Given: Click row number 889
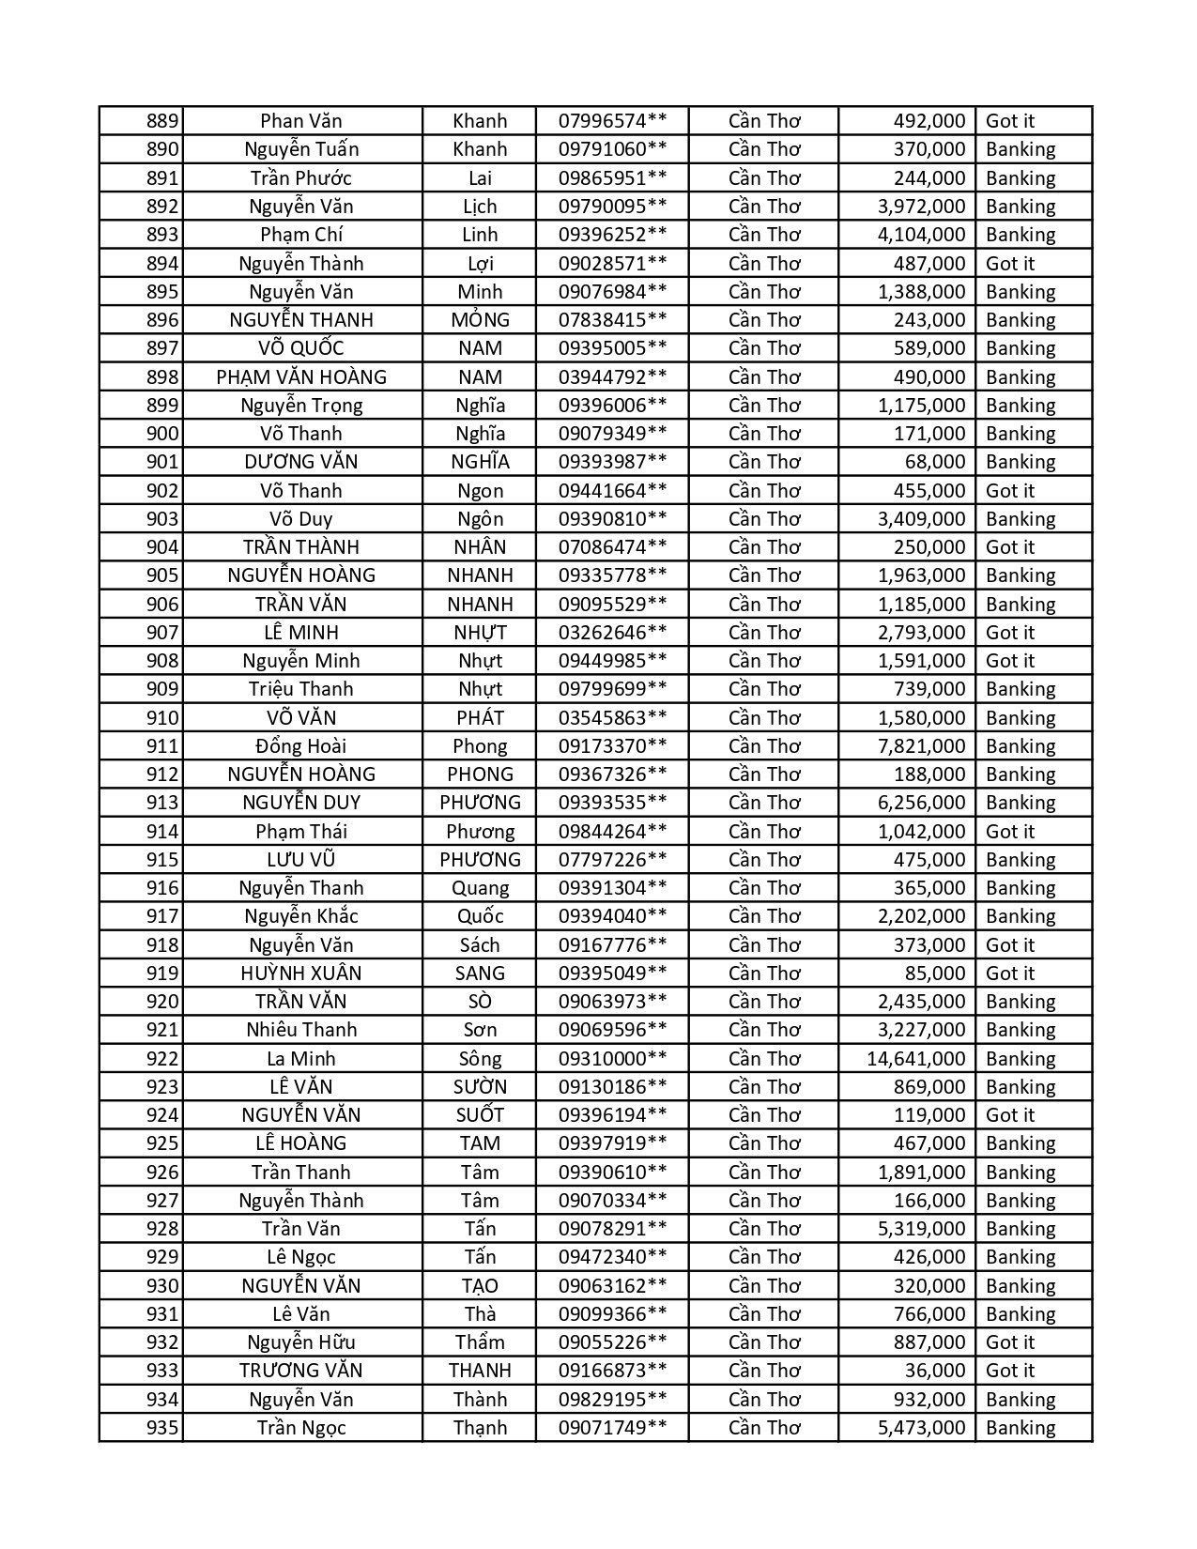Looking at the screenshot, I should click(x=162, y=121).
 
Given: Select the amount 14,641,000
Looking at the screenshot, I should click(x=915, y=1059).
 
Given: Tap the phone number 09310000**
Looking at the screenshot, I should click(x=612, y=1059).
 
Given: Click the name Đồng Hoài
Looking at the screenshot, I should click(x=300, y=746).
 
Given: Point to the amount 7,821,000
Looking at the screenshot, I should click(x=921, y=746).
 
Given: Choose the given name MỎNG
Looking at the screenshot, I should click(x=480, y=320).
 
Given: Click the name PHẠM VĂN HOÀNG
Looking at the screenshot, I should click(x=300, y=377).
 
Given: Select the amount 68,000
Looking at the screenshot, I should click(x=935, y=462).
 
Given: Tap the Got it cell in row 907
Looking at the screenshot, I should click(x=1009, y=633).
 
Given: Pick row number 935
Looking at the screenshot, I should click(x=162, y=1428).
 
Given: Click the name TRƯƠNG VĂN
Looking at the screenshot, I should click(x=300, y=1371).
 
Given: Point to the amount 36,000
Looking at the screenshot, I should click(x=935, y=1371).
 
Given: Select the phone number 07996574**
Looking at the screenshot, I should click(x=612, y=121).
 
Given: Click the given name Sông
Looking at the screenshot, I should click(x=480, y=1059).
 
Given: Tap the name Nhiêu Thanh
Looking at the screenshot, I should click(x=300, y=1030).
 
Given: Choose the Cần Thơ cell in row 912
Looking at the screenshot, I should click(x=764, y=774).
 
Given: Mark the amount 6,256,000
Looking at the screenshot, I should click(x=921, y=803).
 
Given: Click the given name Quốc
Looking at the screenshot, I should click(x=480, y=916).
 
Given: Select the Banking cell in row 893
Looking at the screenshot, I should click(x=1021, y=235).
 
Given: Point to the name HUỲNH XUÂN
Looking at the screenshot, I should click(x=300, y=974).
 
